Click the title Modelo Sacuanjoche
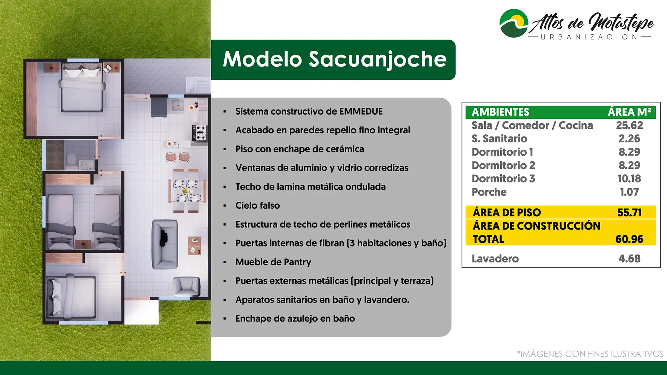click(x=335, y=59)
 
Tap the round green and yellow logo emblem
click(x=514, y=23)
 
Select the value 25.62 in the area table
click(x=629, y=125)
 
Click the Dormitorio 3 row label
click(x=503, y=178)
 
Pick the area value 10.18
click(x=629, y=178)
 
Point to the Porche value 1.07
click(x=629, y=192)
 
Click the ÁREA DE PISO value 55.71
click(x=629, y=212)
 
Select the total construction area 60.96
click(x=629, y=239)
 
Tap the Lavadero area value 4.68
click(x=629, y=259)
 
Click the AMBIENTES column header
click(x=501, y=112)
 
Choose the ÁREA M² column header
click(x=629, y=112)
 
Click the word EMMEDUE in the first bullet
click(x=361, y=111)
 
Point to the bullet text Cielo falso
click(x=258, y=206)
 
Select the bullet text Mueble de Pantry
click(x=273, y=262)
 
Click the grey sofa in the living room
click(x=165, y=244)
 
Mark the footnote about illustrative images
click(x=590, y=354)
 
